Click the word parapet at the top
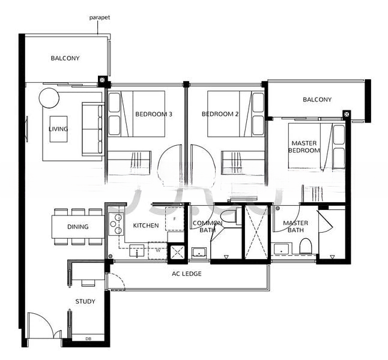pyautogui.click(x=100, y=17)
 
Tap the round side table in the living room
pyautogui.click(x=49, y=98)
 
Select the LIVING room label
pyautogui.click(x=58, y=129)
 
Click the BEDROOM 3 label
pyautogui.click(x=154, y=114)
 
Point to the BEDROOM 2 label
pyautogui.click(x=220, y=114)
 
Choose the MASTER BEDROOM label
pyautogui.click(x=304, y=146)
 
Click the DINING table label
pyautogui.click(x=77, y=226)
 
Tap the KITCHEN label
pyautogui.click(x=146, y=226)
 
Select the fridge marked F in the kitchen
pyautogui.click(x=175, y=219)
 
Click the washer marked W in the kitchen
pyautogui.click(x=158, y=250)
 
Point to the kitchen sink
pyautogui.click(x=136, y=251)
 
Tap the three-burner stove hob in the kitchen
pyautogui.click(x=116, y=224)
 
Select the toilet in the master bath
pyautogui.click(x=306, y=246)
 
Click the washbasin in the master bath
pyautogui.click(x=282, y=249)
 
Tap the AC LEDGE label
pyautogui.click(x=187, y=274)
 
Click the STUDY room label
pyautogui.click(x=85, y=301)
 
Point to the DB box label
pyautogui.click(x=88, y=339)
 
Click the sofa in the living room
pyautogui.click(x=92, y=129)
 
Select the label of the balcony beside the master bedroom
pyautogui.click(x=317, y=100)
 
